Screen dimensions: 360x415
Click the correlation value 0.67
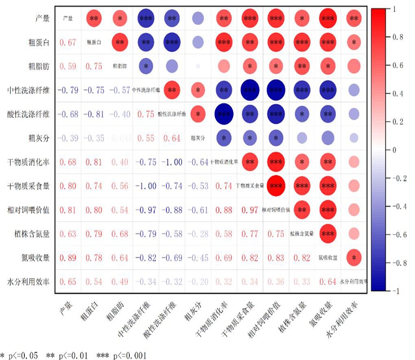pos(68,43)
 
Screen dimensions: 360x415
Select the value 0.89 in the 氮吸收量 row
pos(68,258)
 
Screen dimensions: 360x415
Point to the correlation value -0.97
pos(145,210)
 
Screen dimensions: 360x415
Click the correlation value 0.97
pos(250,210)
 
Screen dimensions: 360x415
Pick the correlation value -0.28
pos(197,234)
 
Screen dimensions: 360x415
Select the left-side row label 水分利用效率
pos(30,282)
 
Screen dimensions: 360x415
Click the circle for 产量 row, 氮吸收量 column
pos(328,19)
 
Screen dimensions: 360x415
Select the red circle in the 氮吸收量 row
pos(354,258)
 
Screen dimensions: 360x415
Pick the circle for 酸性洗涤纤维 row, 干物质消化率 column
pos(223,114)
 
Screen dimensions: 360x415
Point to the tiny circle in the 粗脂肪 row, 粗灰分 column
pos(197,66)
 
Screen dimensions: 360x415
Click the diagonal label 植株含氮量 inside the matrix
pos(302,233)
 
